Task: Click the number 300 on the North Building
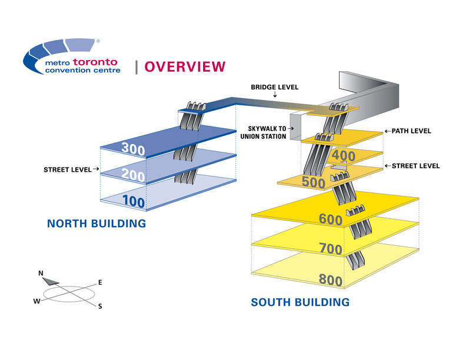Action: (133, 149)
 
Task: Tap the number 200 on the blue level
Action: (134, 174)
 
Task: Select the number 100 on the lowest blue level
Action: (134, 201)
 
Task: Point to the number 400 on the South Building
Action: (344, 156)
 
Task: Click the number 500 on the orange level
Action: (314, 182)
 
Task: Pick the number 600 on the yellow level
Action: (330, 219)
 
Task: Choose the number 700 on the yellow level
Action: (330, 249)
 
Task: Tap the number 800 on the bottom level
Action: (330, 281)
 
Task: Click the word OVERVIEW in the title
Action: (184, 66)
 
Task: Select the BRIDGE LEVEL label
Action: (275, 87)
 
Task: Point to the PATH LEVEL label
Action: (411, 131)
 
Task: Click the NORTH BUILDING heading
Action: (96, 224)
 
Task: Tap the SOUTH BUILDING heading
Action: (300, 302)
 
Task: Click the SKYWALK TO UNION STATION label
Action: (267, 132)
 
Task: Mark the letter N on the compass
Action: (41, 273)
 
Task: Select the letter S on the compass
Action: (99, 306)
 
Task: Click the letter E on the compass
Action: (100, 282)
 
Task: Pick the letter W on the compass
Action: (37, 301)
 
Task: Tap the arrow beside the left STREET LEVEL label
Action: (95, 169)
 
